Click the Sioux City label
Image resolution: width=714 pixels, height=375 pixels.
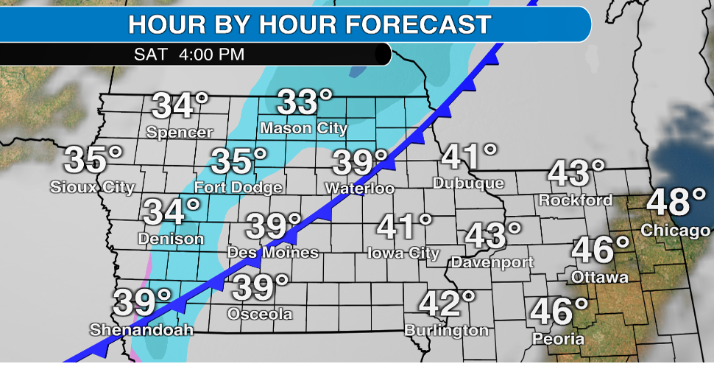coord(92,187)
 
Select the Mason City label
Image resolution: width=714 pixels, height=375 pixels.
coord(303,128)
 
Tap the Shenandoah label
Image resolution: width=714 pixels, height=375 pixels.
coord(141,329)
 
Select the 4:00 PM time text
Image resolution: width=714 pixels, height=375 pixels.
coord(213,55)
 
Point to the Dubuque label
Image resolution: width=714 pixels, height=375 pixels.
coord(468,183)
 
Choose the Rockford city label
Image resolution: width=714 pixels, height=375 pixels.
coord(576,200)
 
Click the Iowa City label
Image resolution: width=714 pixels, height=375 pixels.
coord(403,253)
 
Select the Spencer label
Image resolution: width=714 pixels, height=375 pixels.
coord(180,133)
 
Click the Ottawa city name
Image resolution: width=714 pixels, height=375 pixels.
coord(600,278)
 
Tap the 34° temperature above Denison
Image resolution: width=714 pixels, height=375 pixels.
coord(171,213)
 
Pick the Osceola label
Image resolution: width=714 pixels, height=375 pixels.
coord(260,315)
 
